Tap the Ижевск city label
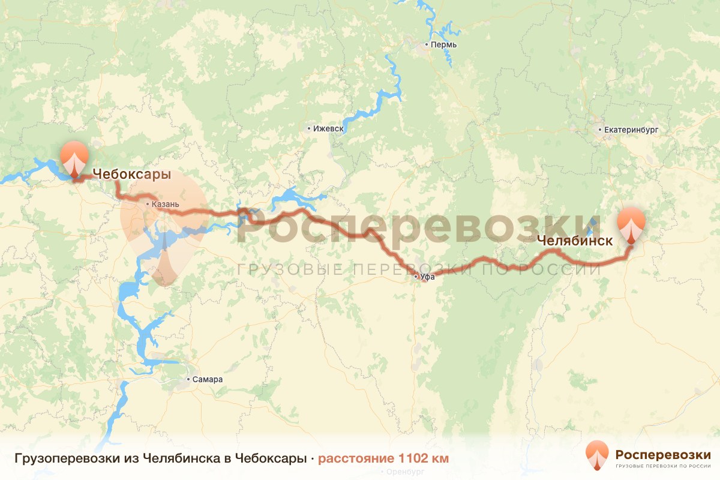(328, 128)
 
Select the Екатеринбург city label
(627, 129)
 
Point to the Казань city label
(166, 205)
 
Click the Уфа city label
(427, 277)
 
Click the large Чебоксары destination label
(131, 175)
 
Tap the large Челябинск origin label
(575, 241)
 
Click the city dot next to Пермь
(426, 45)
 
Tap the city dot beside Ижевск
(308, 128)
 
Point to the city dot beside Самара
(188, 379)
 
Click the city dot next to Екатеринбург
(600, 129)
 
